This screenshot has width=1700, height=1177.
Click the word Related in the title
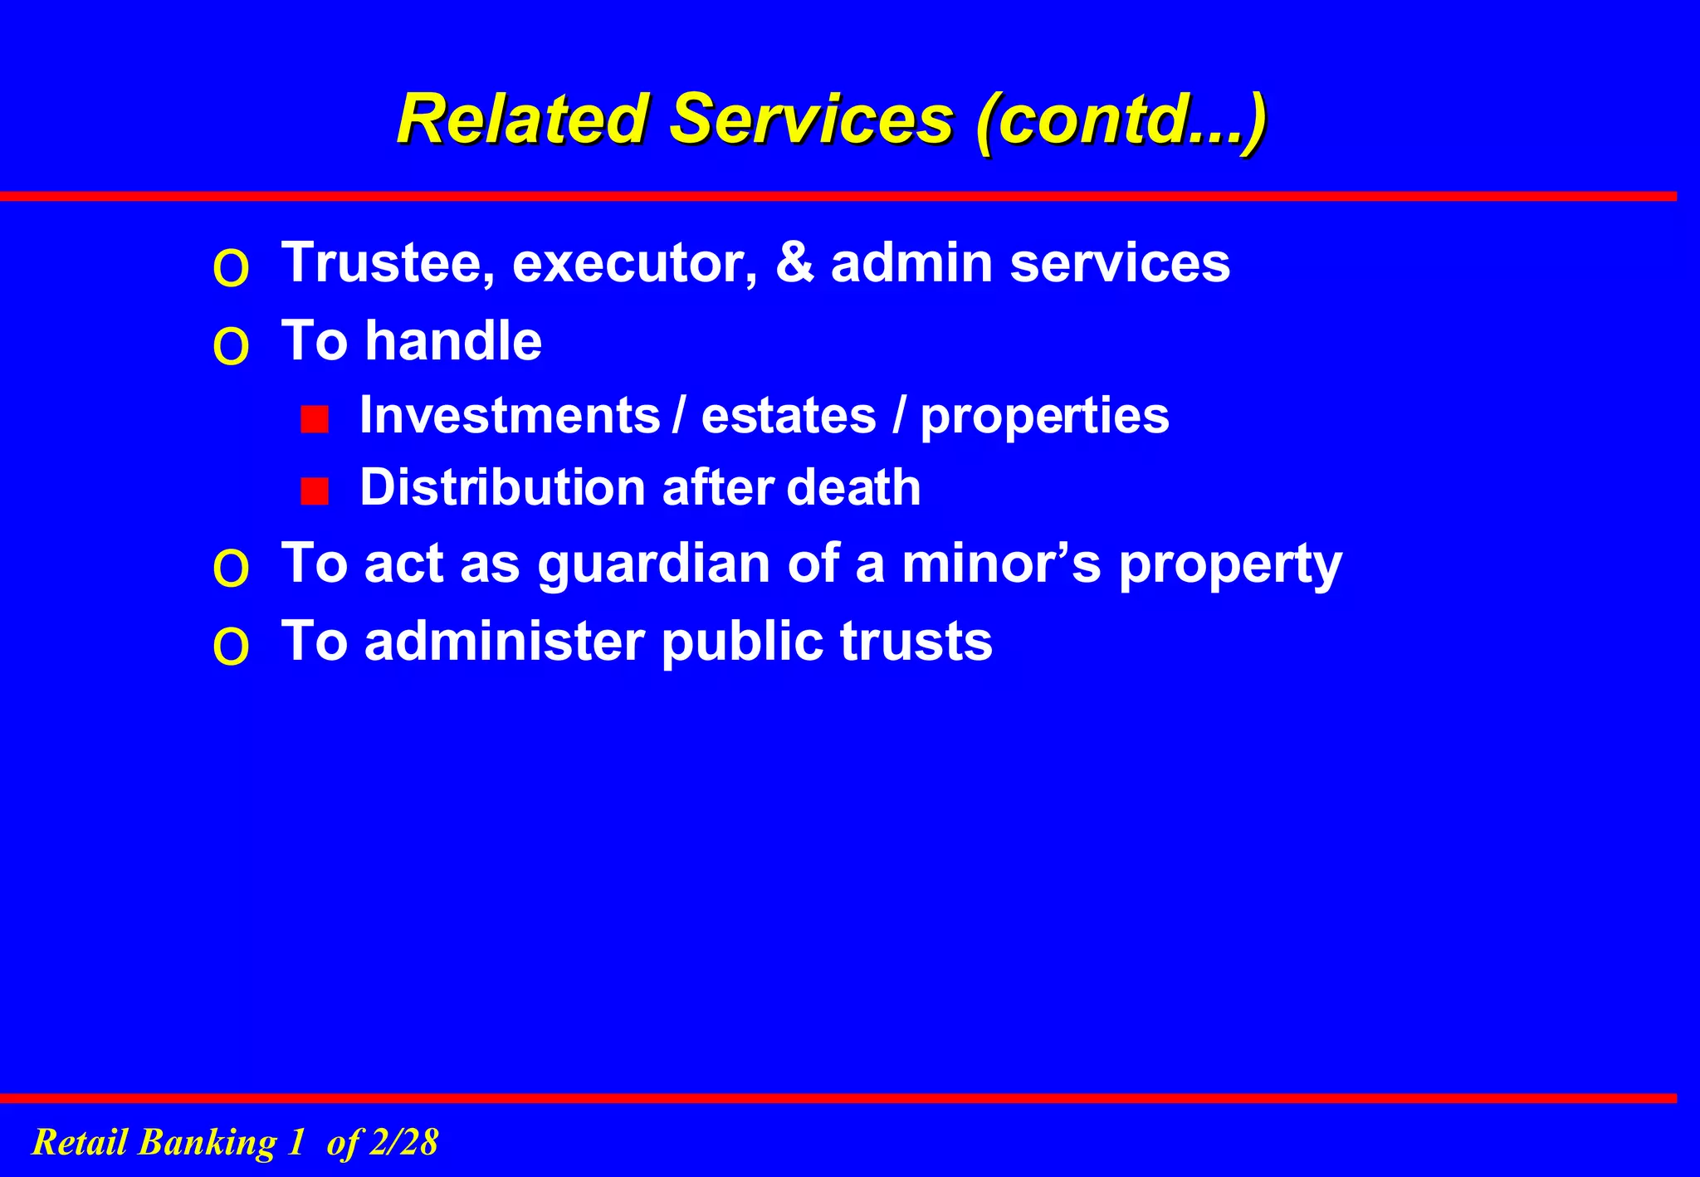pyautogui.click(x=522, y=120)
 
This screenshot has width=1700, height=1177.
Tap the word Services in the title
pyautogui.click(x=811, y=120)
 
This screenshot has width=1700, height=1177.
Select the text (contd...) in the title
pyautogui.click(x=1121, y=121)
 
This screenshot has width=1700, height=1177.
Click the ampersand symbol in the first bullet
pyautogui.click(x=794, y=263)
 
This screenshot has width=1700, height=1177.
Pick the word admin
pyautogui.click(x=911, y=263)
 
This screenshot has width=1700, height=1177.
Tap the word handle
pyautogui.click(x=453, y=341)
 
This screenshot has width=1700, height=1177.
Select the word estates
pyautogui.click(x=789, y=416)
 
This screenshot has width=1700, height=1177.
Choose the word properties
pyautogui.click(x=1044, y=418)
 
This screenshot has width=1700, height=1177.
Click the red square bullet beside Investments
pyautogui.click(x=315, y=420)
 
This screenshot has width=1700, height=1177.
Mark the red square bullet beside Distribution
pyautogui.click(x=315, y=491)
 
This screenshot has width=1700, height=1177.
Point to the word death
pyautogui.click(x=853, y=487)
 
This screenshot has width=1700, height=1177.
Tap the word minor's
pyautogui.click(x=1001, y=564)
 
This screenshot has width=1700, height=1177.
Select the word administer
pyautogui.click(x=505, y=642)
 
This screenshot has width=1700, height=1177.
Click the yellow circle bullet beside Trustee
pyautogui.click(x=231, y=269)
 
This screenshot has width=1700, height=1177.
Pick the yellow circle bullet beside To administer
pyautogui.click(x=231, y=647)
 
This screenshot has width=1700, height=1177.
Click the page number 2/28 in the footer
pyautogui.click(x=403, y=1142)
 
